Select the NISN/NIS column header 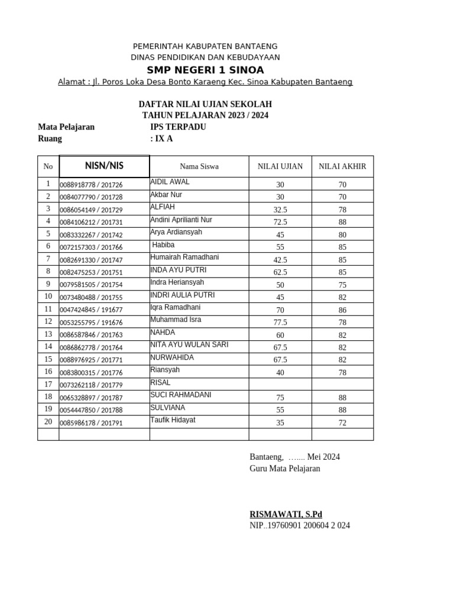[x=104, y=166]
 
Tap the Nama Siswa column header [x=199, y=166]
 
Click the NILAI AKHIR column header [x=342, y=166]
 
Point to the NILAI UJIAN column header [x=280, y=166]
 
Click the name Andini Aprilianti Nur [x=181, y=220]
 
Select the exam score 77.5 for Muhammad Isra [x=280, y=322]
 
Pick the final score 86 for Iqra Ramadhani [x=342, y=310]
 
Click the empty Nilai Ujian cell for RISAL [x=280, y=384]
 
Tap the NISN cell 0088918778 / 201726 [x=91, y=185]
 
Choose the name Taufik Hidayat [x=173, y=420]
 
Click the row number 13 [x=48, y=334]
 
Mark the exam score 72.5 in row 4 [x=280, y=222]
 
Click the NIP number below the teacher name [x=300, y=525]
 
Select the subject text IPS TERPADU [x=179, y=127]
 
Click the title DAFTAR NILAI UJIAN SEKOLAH [x=205, y=104]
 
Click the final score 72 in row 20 [x=342, y=423]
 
